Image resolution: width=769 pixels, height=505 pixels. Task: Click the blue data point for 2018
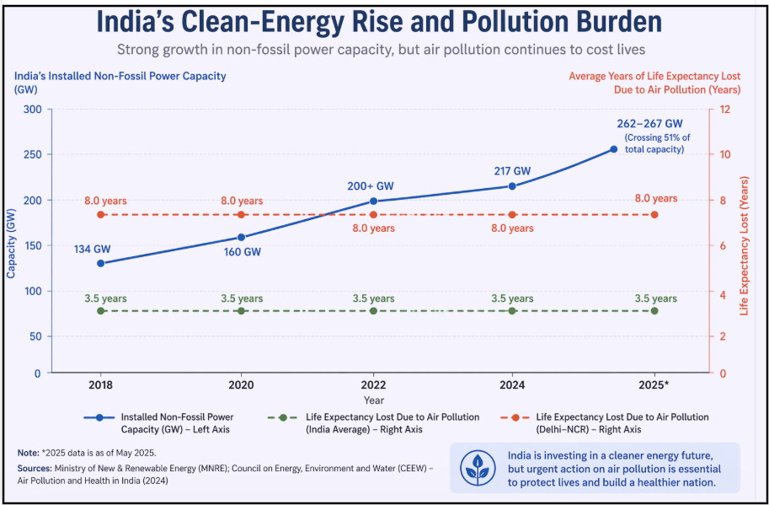point(101,263)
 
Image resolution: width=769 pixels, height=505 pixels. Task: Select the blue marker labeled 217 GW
point(512,185)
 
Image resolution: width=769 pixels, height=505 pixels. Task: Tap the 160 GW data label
point(242,252)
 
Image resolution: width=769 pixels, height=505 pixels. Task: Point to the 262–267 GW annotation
point(649,123)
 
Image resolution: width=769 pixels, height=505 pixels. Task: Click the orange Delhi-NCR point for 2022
point(373,215)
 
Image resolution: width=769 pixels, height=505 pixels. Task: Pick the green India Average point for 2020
point(242,311)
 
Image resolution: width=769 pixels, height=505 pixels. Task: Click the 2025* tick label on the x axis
point(654,384)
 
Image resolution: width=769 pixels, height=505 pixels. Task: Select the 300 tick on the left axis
point(33,110)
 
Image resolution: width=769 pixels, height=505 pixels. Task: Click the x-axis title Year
point(374,400)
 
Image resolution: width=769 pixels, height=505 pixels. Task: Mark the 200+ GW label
point(371,186)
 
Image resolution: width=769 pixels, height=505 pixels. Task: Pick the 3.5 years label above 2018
point(105,298)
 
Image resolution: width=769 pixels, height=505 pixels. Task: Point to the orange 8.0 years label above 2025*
point(655,199)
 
